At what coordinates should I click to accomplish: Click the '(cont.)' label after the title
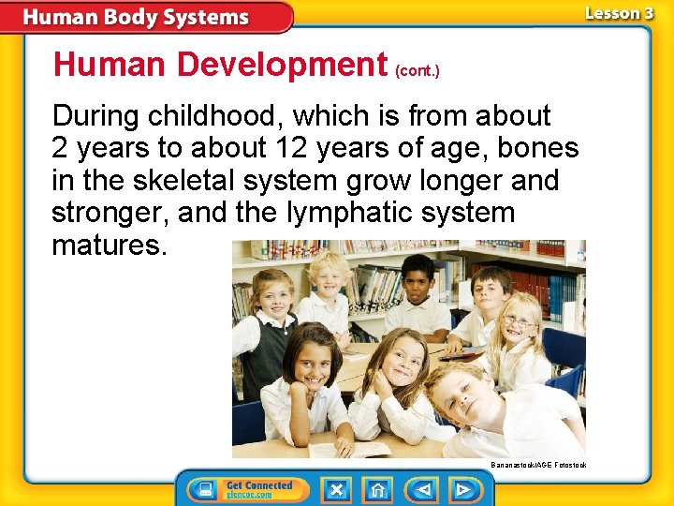pos(418,70)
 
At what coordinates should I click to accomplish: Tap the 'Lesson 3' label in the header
pos(619,13)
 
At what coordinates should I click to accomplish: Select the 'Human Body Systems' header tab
pos(136,18)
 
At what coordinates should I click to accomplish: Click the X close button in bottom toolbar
pos(337,489)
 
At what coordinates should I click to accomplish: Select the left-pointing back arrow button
pos(423,489)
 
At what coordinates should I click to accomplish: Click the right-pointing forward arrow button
pos(462,489)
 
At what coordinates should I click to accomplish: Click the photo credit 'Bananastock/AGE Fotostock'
pos(538,465)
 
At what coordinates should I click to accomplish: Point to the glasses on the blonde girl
pos(519,322)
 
